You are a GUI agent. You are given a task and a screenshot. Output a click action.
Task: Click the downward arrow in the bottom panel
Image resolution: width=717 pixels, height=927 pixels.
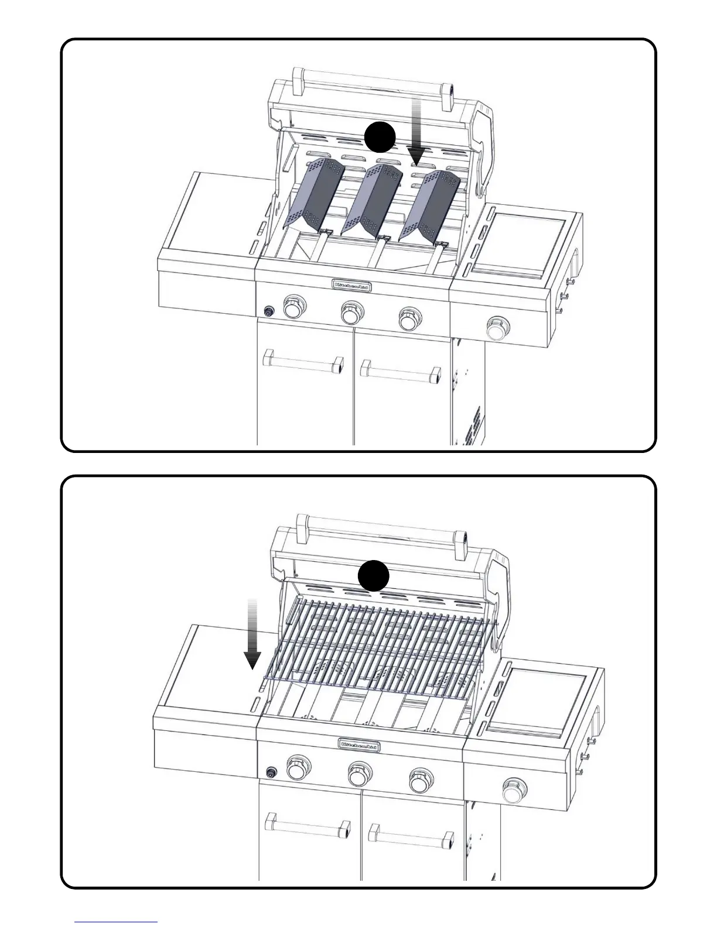252,634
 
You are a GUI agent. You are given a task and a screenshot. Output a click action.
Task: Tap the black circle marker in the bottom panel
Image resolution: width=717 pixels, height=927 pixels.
374,576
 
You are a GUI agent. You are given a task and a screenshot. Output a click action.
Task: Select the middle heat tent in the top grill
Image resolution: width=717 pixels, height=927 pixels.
371,198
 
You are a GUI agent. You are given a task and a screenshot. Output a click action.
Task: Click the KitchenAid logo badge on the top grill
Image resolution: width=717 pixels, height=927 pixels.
353,286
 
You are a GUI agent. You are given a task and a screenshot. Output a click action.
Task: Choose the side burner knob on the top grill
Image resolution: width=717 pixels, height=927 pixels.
498,328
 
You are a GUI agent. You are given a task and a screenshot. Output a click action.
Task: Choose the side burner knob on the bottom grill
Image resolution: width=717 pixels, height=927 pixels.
514,791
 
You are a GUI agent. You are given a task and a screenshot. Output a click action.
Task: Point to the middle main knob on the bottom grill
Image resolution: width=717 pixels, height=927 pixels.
359,774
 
